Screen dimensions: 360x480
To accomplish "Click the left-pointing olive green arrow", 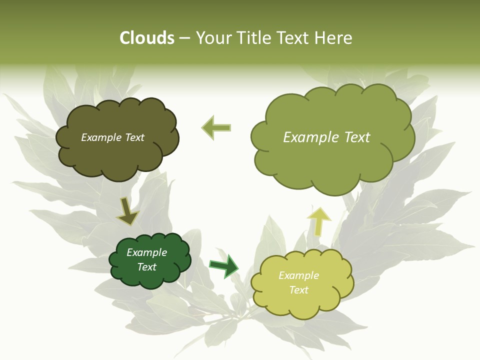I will point(216,127).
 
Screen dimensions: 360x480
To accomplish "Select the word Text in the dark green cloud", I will point(147,267).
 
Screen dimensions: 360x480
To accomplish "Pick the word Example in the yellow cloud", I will point(298,275).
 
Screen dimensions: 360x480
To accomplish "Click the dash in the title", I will point(184,38).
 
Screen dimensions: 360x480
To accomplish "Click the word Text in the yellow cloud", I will point(298,290).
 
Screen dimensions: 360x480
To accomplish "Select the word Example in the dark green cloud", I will point(147,252).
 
